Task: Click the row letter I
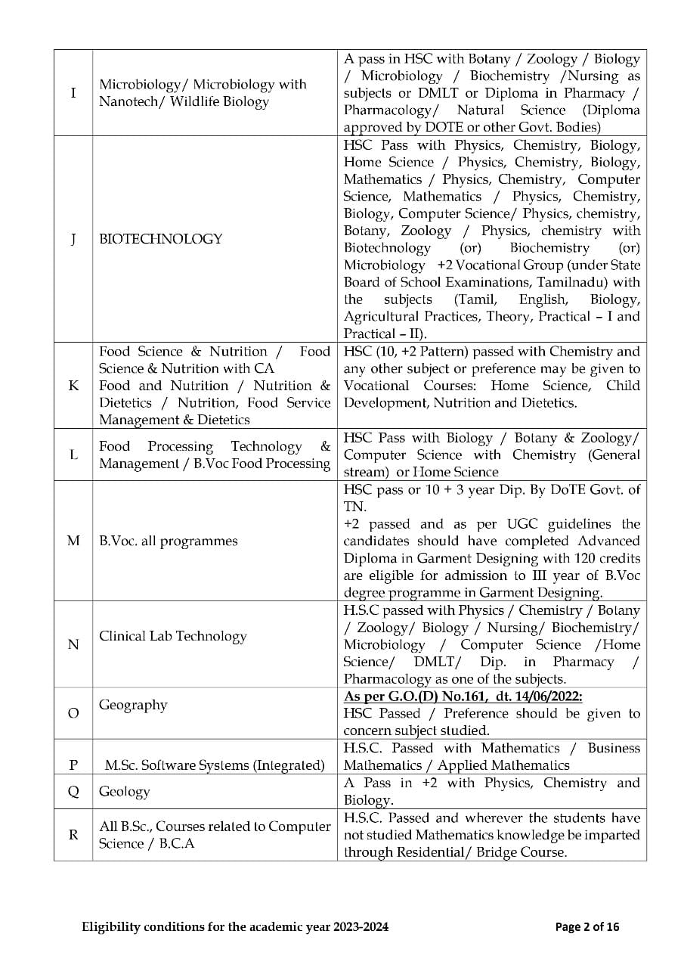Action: (73, 93)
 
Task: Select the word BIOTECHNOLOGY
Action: (161, 239)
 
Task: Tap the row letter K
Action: (73, 386)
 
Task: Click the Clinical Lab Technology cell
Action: (173, 636)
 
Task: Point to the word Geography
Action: (133, 705)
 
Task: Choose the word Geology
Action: (125, 792)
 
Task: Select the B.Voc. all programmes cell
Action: (169, 541)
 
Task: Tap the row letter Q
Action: (73, 792)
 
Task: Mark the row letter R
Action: (73, 835)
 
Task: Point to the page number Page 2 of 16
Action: (587, 926)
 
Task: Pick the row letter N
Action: (73, 644)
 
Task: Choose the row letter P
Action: (73, 765)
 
